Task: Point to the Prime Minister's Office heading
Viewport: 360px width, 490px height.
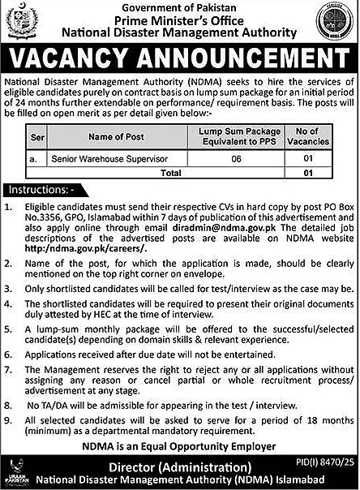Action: tap(179, 19)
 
